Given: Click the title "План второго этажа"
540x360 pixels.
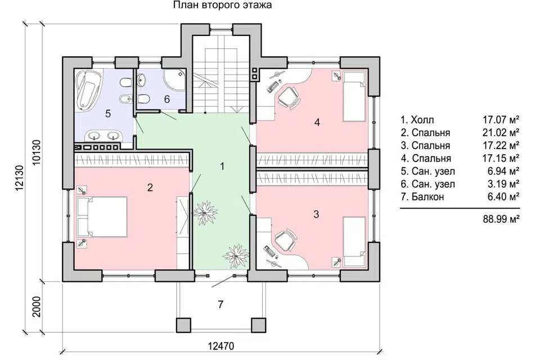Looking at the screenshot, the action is tap(222, 5).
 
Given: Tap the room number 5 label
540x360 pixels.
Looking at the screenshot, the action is tap(108, 113).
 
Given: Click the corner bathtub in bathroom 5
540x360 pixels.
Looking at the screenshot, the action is tap(87, 89).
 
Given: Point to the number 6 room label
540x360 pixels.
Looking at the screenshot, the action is tap(167, 99).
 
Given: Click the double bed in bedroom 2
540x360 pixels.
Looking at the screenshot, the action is tap(102, 217).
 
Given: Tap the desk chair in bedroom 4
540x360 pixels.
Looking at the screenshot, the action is tap(289, 97).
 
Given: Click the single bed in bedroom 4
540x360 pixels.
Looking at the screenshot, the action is tap(354, 97).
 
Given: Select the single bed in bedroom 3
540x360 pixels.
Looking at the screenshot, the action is tap(354, 242).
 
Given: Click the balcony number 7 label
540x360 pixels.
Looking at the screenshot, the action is tap(220, 304).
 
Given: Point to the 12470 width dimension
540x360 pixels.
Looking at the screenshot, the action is tap(221, 346).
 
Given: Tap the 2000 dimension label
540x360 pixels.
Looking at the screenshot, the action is tap(37, 307).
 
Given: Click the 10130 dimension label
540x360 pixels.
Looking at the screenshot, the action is tap(37, 152).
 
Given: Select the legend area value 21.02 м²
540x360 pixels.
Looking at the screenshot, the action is tap(501, 133).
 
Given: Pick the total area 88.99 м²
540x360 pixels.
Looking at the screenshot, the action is tap(501, 219).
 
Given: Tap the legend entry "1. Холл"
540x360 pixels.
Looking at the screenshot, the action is tap(417, 120).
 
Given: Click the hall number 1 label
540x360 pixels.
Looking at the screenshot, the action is tap(223, 166).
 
